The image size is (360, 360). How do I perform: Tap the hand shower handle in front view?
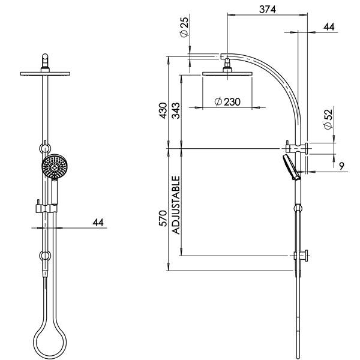53,193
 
